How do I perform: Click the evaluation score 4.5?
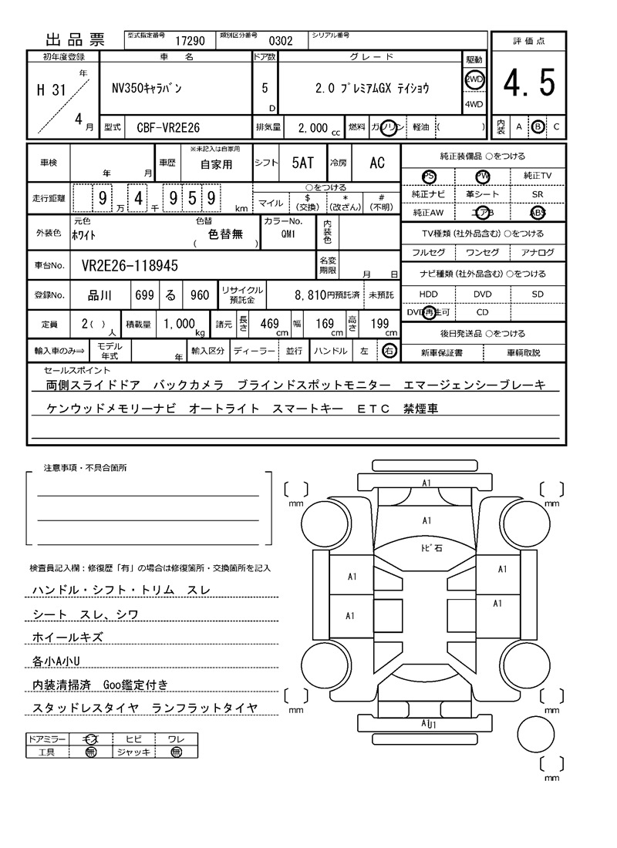(529, 83)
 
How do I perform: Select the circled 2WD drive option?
(473, 79)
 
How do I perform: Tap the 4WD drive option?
(473, 105)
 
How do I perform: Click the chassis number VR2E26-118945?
(129, 266)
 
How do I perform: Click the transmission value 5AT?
(303, 163)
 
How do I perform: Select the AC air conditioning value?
(376, 163)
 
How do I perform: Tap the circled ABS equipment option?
(537, 213)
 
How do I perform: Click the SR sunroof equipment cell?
(537, 195)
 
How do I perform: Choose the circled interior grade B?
(538, 126)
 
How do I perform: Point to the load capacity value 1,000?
(179, 325)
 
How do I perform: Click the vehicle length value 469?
(269, 325)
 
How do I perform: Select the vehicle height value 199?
(379, 325)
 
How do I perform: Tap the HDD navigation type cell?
(427, 294)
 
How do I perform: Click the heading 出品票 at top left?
(75, 41)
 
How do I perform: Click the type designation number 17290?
(190, 42)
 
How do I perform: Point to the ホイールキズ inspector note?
(68, 637)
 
